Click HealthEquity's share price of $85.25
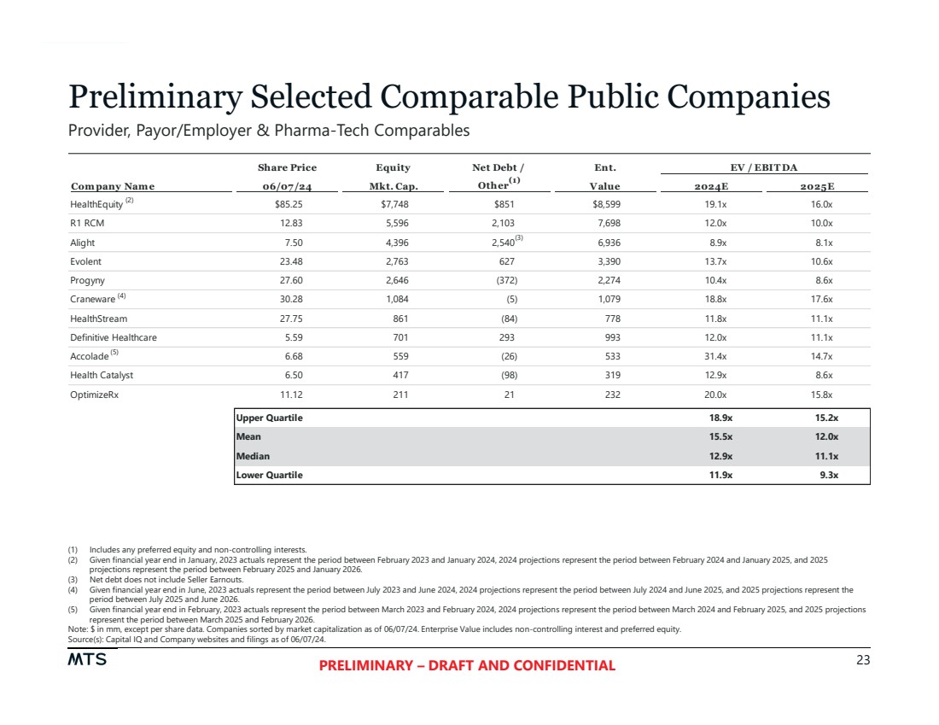(287, 205)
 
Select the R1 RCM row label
(89, 224)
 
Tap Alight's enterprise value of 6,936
(605, 243)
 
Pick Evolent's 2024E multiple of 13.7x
(716, 261)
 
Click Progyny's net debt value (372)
(504, 280)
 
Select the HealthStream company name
(98, 319)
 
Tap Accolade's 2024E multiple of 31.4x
(716, 356)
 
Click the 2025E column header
(818, 186)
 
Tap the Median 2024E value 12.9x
(718, 456)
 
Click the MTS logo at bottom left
(86, 661)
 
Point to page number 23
(862, 660)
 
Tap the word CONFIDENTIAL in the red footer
(561, 666)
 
